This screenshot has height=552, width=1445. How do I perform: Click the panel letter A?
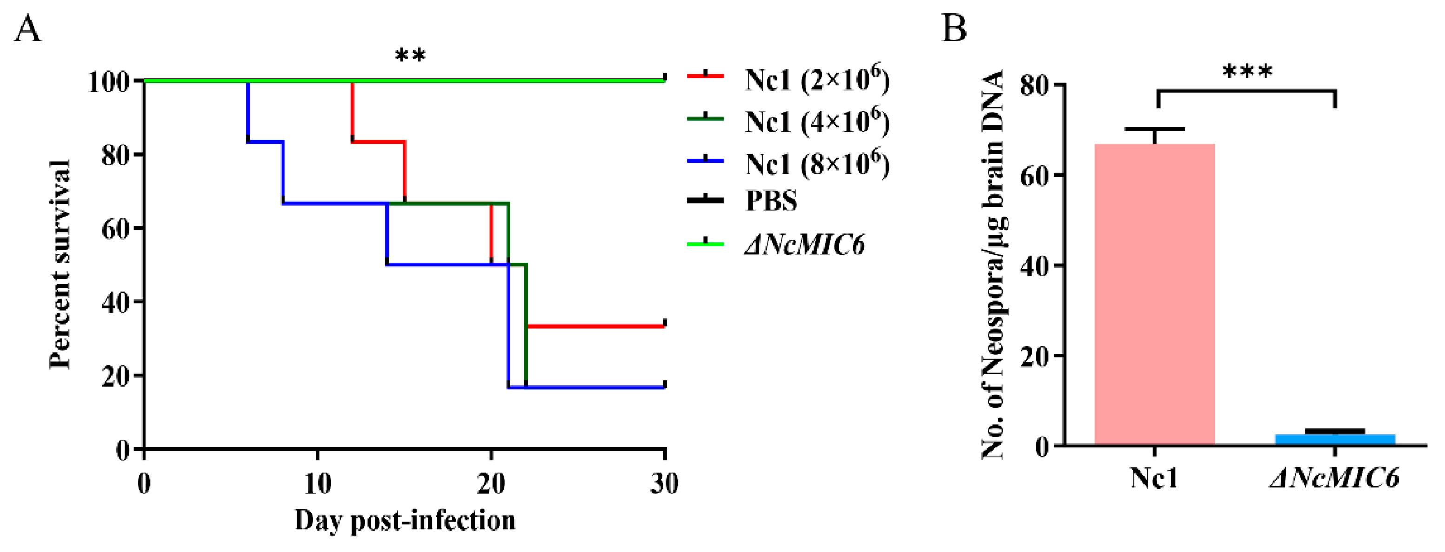[27, 29]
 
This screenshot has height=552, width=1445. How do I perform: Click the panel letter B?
[954, 29]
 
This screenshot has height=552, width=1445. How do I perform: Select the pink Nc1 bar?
[1154, 294]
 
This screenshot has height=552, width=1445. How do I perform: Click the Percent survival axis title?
[60, 264]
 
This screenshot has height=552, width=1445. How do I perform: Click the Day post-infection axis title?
[405, 520]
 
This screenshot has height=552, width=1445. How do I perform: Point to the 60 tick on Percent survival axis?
[117, 228]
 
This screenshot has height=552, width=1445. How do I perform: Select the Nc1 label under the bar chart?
[1154, 478]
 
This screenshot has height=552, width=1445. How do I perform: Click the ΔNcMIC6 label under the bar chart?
[1334, 478]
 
